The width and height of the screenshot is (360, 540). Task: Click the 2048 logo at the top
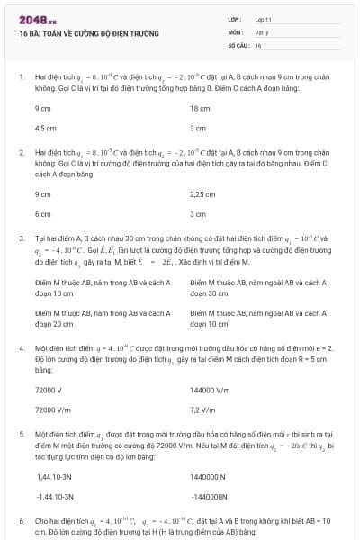point(37,19)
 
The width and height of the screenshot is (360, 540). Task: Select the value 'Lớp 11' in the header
point(264,19)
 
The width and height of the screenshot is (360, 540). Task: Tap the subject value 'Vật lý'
point(263,31)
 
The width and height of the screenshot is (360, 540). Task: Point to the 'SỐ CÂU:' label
point(238,44)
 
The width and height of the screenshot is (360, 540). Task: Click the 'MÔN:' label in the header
point(237,31)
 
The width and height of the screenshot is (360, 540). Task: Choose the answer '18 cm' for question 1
point(201,108)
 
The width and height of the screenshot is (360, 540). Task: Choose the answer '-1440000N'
point(211,496)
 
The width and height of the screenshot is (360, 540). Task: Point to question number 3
point(21,238)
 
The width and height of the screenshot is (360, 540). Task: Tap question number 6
point(21,521)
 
